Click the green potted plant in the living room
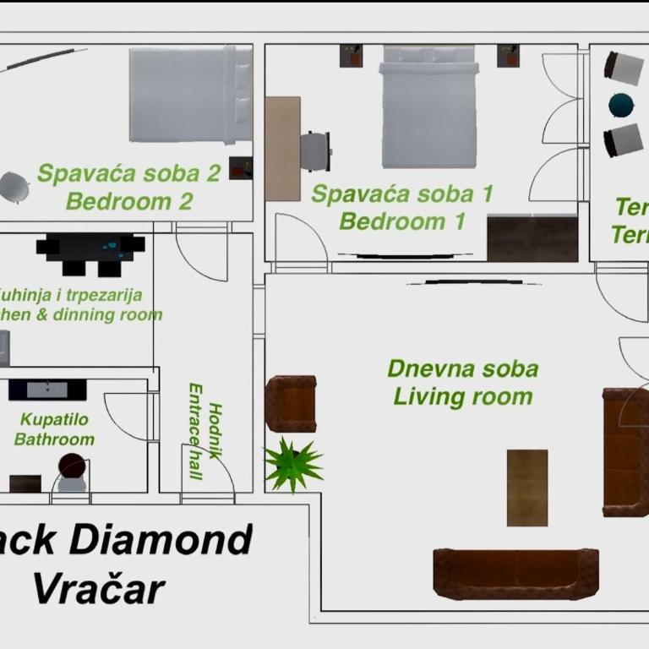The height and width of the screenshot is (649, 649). pos(292,464)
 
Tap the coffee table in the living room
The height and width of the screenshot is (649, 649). pos(526,488)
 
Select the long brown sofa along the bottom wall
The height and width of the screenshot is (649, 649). pos(515,574)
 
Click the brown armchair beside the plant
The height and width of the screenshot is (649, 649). pos(291,404)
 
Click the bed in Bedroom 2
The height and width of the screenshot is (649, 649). pos(191,95)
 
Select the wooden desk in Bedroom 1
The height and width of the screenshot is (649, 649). pos(282,148)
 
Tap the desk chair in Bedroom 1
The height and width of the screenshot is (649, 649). pos(316,151)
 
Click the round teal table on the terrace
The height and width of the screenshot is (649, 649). pos(621,105)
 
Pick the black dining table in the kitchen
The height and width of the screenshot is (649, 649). pos(90,250)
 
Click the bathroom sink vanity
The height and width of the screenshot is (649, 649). pos(47,390)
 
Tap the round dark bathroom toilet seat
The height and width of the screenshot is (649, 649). pos(73,466)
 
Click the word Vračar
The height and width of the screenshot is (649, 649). pos(99,588)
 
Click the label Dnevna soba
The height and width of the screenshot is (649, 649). pos(462,369)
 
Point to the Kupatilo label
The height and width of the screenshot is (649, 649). pos(55,419)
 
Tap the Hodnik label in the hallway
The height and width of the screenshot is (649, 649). pos(215,430)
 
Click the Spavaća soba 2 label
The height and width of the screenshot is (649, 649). pos(128,173)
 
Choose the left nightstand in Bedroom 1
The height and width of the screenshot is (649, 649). pos(351,56)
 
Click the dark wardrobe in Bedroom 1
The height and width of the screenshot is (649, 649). pos(532,238)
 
